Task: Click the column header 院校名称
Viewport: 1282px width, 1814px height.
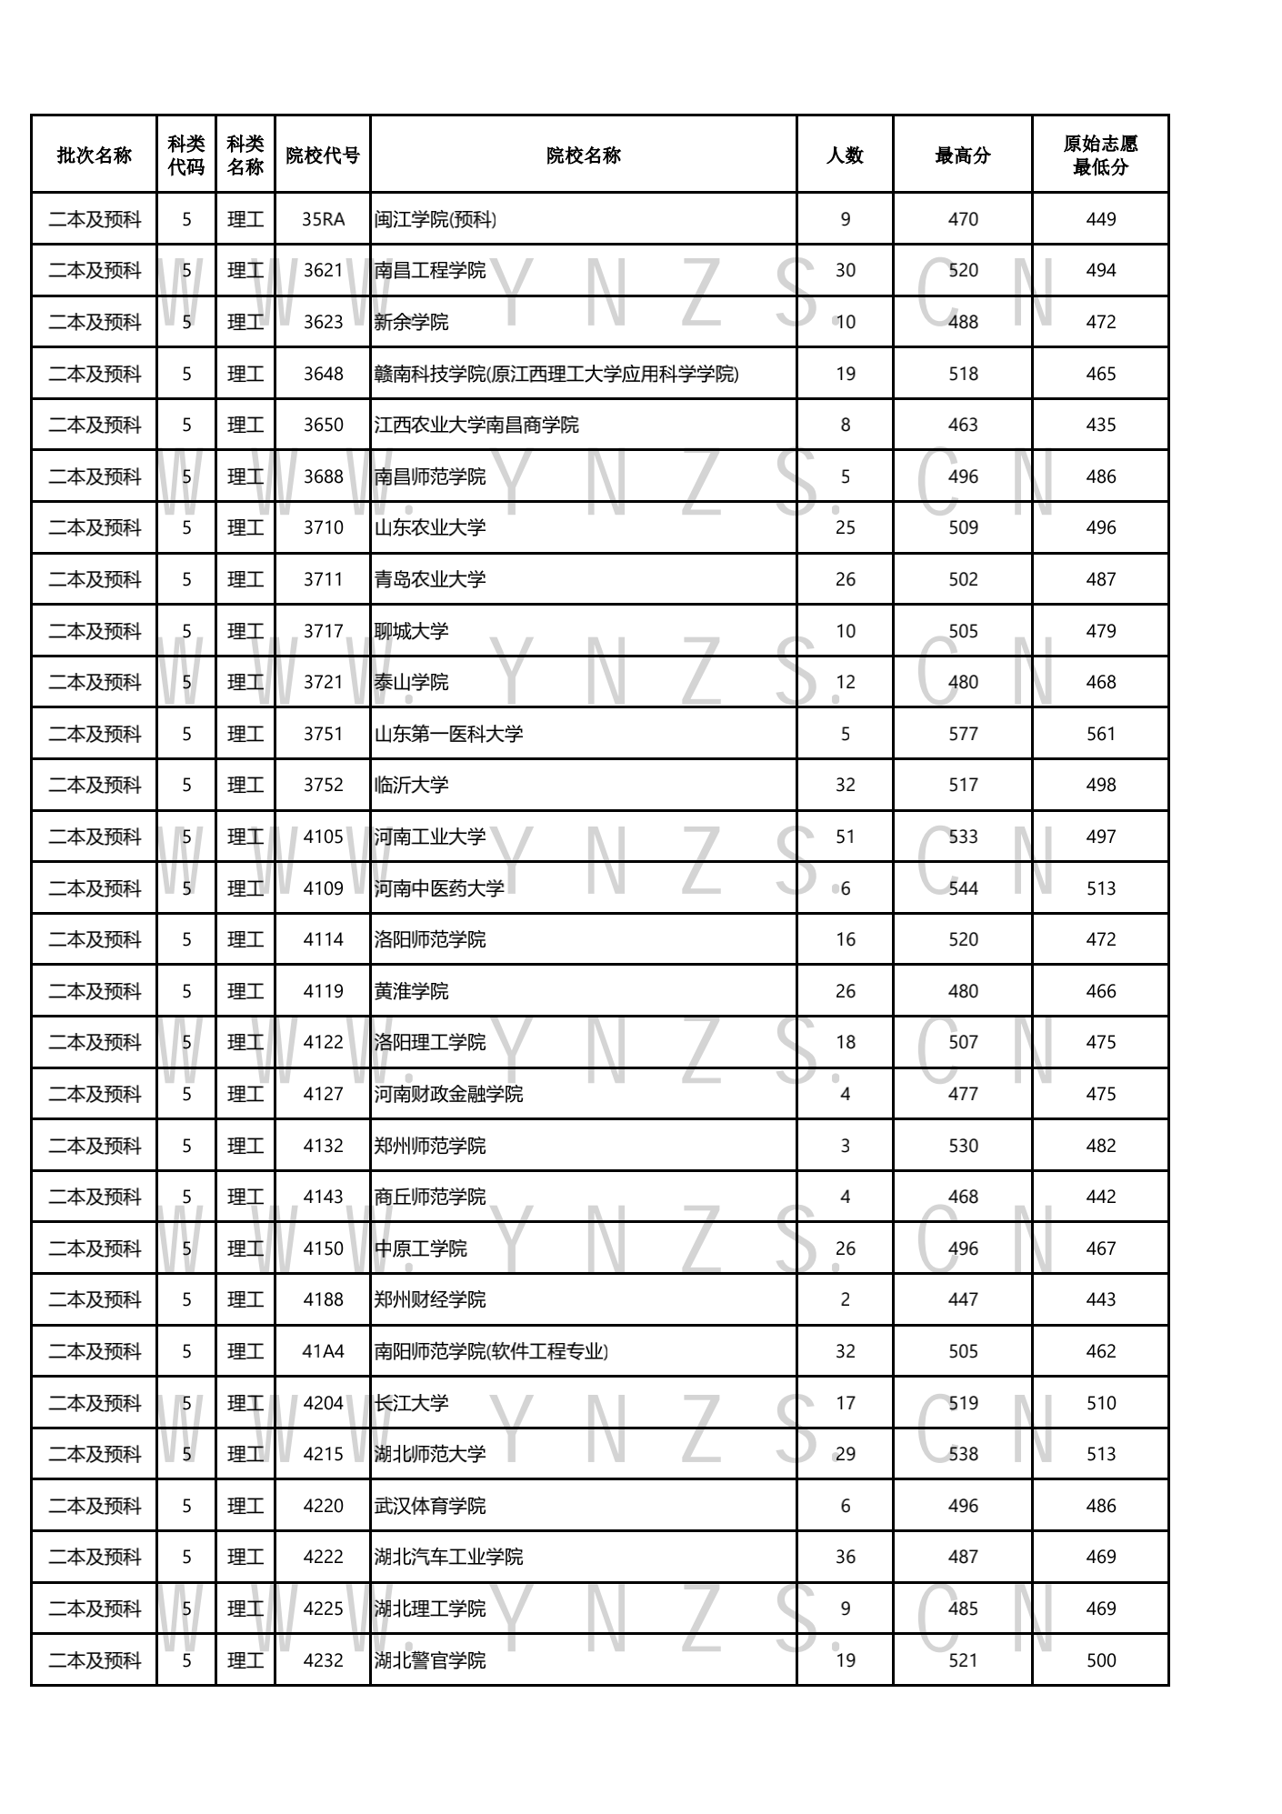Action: (583, 155)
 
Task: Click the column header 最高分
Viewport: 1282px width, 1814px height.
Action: (962, 155)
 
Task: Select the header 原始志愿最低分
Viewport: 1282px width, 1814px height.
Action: (1100, 155)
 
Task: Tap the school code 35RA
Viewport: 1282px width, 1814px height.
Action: (323, 219)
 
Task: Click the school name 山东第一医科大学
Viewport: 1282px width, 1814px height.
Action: (448, 734)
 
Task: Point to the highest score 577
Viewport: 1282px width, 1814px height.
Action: (963, 734)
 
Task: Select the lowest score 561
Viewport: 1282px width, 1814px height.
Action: (1100, 734)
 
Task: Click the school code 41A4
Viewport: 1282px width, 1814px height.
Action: (323, 1351)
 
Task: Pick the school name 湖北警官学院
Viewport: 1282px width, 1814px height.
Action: (430, 1660)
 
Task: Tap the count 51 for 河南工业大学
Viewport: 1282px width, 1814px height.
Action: (845, 837)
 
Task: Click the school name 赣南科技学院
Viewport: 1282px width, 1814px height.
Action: (556, 374)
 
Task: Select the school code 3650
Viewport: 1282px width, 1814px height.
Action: (323, 425)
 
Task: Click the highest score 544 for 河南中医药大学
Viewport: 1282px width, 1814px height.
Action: (963, 888)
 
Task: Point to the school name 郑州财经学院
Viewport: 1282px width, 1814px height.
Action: (430, 1299)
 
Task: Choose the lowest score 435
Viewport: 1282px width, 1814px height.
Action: (1100, 425)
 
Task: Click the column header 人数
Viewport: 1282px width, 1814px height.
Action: (845, 155)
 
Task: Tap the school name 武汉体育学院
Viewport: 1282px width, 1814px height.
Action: (430, 1506)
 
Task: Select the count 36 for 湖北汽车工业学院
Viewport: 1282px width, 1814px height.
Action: (845, 1557)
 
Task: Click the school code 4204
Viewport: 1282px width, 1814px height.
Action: (323, 1403)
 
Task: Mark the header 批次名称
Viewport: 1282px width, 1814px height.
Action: (95, 155)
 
